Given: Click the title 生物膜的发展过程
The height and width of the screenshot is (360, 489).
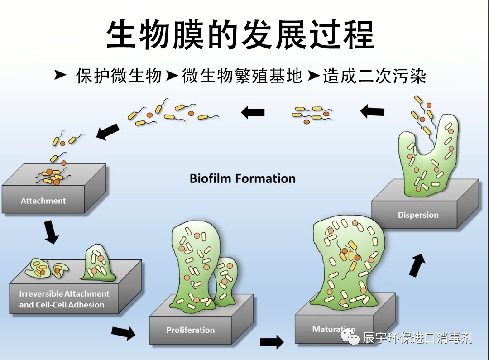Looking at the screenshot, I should (240, 34).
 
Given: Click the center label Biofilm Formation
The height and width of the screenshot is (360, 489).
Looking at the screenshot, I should (242, 178).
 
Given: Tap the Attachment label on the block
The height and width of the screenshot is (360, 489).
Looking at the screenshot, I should (43, 201).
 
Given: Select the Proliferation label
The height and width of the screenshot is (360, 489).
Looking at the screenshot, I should (190, 330).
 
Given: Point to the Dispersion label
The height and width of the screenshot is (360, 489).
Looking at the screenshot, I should (418, 215).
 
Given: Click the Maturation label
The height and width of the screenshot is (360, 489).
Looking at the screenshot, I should (334, 329).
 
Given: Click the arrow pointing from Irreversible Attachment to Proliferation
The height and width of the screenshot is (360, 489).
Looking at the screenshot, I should (123, 333).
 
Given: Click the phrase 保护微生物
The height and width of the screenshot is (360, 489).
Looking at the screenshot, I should (119, 76).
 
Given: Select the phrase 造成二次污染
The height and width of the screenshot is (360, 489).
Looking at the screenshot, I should (374, 76).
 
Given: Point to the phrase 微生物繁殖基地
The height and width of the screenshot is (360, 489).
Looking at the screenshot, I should (242, 76).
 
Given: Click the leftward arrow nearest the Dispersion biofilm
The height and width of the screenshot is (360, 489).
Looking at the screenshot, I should (372, 111).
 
